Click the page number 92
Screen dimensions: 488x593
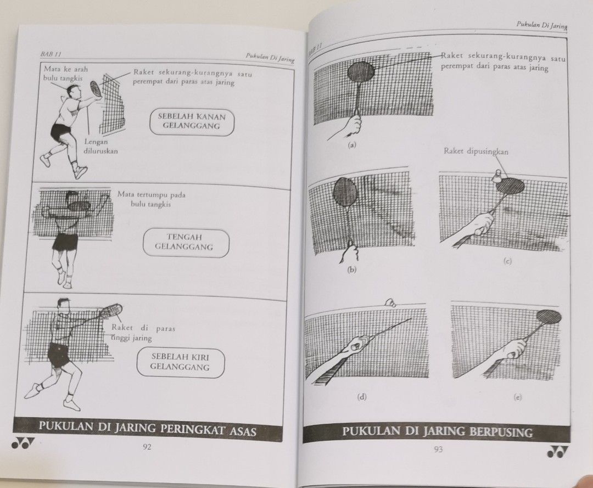[147, 446]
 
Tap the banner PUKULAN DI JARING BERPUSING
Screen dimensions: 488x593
[438, 431]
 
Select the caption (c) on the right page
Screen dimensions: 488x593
[507, 262]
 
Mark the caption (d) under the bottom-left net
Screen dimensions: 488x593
[362, 396]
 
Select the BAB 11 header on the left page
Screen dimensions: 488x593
[51, 54]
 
